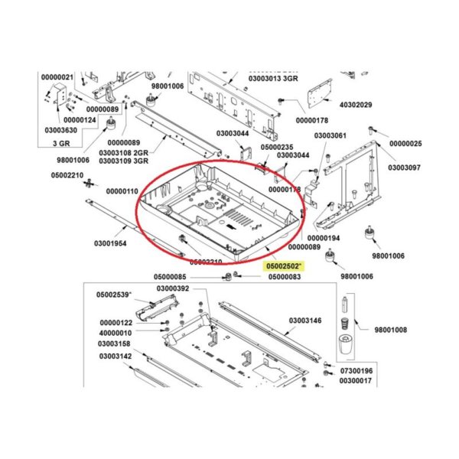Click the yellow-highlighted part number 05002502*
point(284,266)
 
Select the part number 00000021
point(57,77)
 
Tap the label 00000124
point(80,120)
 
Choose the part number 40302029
point(355,105)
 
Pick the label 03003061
point(330,135)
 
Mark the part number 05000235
point(277,147)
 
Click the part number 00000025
point(405,144)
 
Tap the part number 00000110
point(122,190)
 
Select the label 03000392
point(172,288)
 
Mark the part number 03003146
point(304,320)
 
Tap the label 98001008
point(391,330)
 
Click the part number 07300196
point(355,371)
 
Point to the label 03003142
point(115,356)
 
